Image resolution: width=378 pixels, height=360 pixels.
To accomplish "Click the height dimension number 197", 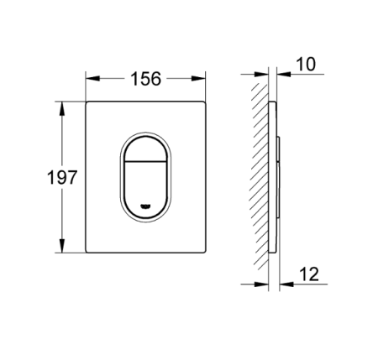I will coord(62,178).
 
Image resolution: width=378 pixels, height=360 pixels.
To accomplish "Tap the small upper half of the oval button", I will coord(145,144).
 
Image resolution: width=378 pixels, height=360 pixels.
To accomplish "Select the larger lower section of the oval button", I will coord(145,186).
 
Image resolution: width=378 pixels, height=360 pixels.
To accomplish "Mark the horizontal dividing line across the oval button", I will coord(145,159).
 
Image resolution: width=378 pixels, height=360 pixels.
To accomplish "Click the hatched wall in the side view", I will coord(260,176).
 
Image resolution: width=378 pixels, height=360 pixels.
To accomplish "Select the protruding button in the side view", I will coord(278,176).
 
